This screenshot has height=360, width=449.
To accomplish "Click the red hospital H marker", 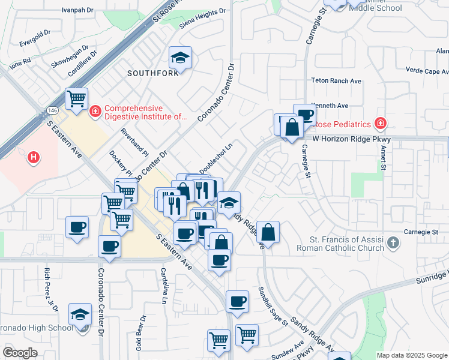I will point(34,157).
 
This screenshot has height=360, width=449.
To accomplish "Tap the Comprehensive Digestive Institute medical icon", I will point(95,112).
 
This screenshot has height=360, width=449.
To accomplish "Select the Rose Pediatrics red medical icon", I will point(379,124).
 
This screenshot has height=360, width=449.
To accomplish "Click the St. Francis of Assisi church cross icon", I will point(393,243).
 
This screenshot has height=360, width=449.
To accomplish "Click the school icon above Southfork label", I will point(180,58).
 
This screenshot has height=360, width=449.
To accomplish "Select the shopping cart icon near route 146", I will point(76,98).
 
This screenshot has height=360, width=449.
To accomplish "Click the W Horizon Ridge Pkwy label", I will point(351,139).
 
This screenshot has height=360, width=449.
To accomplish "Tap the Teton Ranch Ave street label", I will point(336,80).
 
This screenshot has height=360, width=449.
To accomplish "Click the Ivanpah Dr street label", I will point(78,10).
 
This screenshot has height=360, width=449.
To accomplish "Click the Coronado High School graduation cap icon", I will point(80,314).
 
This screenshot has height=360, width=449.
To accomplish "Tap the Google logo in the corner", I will point(20,353).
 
